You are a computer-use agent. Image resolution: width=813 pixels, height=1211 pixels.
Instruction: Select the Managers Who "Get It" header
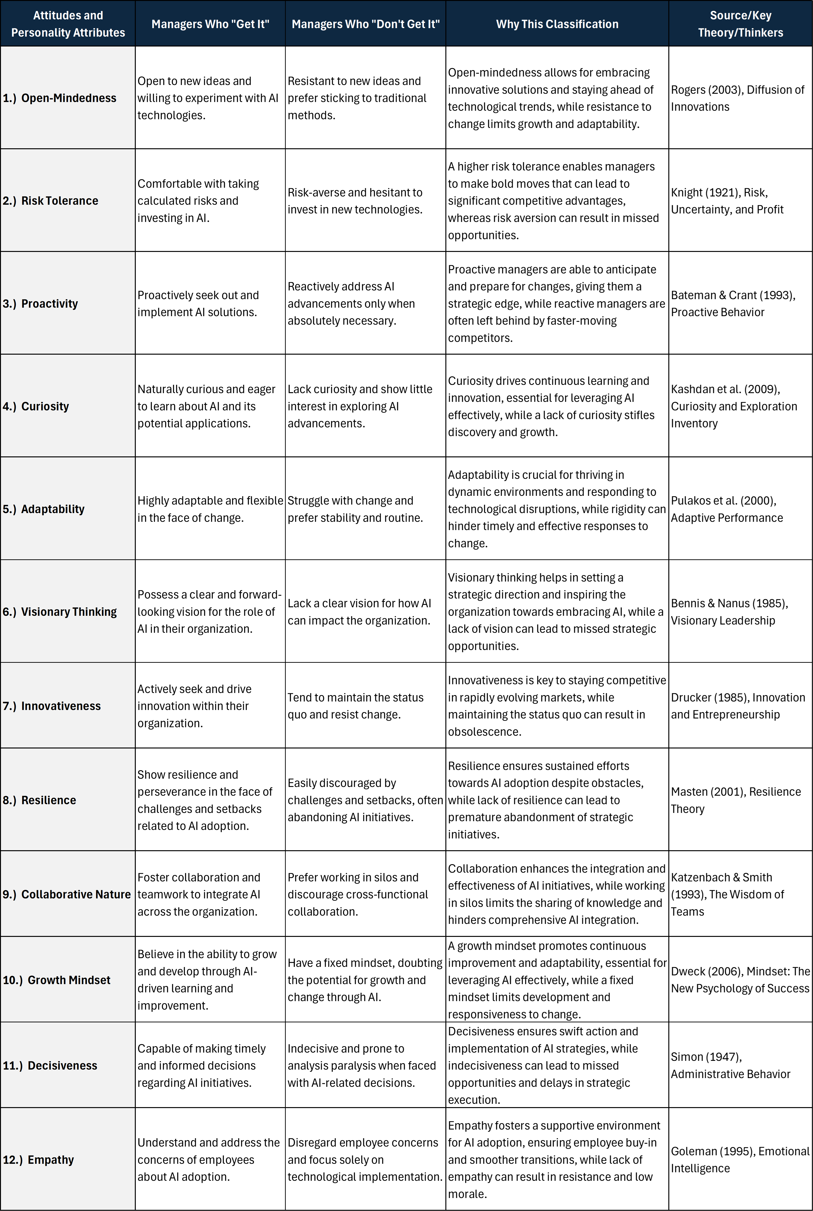tap(210, 24)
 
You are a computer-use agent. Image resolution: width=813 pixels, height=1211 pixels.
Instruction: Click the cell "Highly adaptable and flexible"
tap(210, 509)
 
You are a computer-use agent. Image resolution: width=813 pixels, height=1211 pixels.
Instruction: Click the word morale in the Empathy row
tap(467, 1194)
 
